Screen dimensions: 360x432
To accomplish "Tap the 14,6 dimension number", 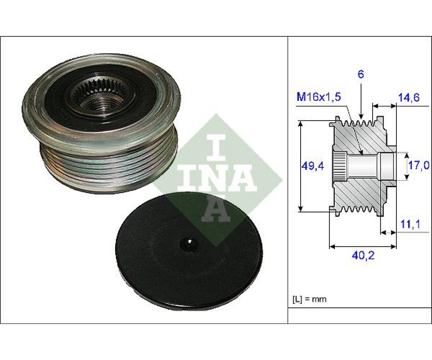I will (409, 97).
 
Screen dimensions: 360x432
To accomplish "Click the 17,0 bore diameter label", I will (418, 166).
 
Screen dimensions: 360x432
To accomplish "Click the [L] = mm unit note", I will (310, 299).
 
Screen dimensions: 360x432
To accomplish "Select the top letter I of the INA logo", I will (218, 145).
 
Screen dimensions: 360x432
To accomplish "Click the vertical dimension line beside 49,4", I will (300, 166).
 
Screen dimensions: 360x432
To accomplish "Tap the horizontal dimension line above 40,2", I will (364, 246).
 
